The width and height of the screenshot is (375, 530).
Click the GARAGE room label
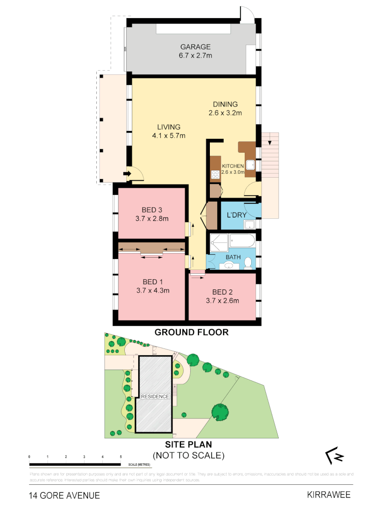point(195,47)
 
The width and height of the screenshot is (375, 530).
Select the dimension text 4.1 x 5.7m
point(168,136)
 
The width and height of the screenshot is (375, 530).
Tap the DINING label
point(225,104)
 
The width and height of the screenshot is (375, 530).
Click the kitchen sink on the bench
point(250,165)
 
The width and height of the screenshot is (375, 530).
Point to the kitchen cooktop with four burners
point(215,174)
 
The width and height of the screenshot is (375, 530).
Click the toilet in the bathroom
point(248,264)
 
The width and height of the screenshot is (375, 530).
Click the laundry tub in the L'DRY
point(250,225)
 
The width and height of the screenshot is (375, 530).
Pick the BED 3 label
point(152,211)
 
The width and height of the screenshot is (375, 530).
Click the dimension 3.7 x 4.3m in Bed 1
point(153,290)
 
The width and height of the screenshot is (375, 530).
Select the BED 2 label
point(222,292)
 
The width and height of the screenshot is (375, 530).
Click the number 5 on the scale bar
point(121,457)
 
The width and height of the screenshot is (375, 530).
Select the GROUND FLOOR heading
point(192,332)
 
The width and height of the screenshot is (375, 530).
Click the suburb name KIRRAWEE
point(328,495)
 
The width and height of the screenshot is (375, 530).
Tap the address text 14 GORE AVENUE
point(64,495)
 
